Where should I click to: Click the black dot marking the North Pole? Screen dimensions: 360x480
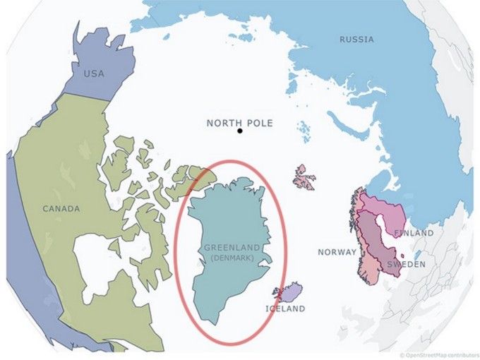coord(240,131)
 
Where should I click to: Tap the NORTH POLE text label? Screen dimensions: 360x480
coord(239,123)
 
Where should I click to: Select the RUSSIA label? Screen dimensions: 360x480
coord(356,40)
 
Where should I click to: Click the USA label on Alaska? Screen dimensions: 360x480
coord(94,73)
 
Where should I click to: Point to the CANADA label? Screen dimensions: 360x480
coord(61,208)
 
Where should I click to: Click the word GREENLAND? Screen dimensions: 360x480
coord(232,247)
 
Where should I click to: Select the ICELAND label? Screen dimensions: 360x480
coord(285,308)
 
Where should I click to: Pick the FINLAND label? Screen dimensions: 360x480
coord(414,232)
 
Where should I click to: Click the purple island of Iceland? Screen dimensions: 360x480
coord(290,292)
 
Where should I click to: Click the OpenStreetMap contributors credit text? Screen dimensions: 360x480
coord(438,354)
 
